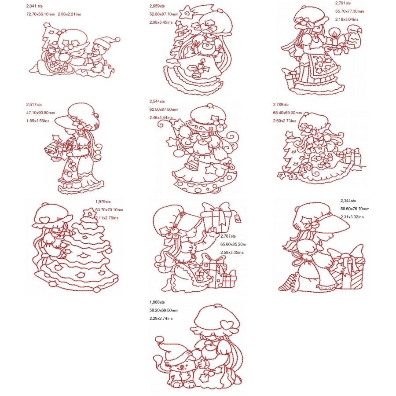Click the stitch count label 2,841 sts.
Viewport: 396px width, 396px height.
point(35,6)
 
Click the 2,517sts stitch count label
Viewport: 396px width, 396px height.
point(34,105)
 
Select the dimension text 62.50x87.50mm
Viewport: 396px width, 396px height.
point(164,109)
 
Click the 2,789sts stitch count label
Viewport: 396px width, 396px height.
point(280,105)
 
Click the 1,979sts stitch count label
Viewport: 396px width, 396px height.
point(103,202)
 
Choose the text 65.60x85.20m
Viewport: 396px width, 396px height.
point(233,244)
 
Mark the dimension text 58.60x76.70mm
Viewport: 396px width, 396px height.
point(355,209)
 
